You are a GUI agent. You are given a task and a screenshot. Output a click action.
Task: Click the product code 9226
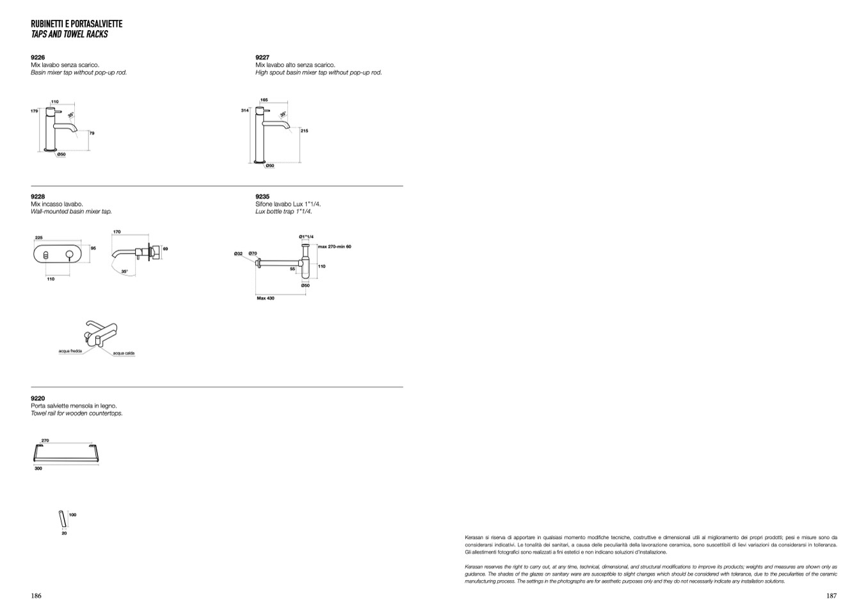[x=38, y=58]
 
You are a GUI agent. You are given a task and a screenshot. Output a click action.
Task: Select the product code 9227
[x=262, y=58]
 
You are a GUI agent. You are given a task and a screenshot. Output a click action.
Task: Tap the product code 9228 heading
[x=38, y=197]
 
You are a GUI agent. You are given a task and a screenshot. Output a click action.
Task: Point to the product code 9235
[x=262, y=197]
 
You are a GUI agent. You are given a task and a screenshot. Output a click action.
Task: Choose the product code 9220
[x=38, y=398]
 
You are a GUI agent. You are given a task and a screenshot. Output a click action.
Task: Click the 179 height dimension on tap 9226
[x=35, y=111]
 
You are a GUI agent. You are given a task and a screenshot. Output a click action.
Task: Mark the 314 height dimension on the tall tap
[x=245, y=111]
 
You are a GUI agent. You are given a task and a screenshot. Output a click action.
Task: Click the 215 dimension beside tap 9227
[x=304, y=131]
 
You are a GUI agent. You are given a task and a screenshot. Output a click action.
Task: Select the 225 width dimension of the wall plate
[x=38, y=238]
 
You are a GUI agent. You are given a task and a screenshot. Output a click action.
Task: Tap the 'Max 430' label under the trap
[x=266, y=298]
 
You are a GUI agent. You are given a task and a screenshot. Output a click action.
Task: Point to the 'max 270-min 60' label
[x=334, y=246]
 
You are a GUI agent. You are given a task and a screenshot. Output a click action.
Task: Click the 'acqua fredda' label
[x=68, y=351]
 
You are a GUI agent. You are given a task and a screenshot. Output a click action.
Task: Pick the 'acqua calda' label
[x=124, y=353]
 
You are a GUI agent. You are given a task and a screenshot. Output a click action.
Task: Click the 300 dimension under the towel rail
[x=38, y=469]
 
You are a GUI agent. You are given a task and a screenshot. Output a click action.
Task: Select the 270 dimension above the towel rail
[x=45, y=440]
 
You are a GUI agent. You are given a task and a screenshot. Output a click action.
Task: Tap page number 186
[x=36, y=596]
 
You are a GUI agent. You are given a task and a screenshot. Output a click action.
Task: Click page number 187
[x=832, y=596]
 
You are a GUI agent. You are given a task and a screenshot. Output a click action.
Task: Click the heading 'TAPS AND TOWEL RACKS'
[x=69, y=35]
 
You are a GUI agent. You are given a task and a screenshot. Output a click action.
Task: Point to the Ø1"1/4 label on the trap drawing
[x=306, y=237]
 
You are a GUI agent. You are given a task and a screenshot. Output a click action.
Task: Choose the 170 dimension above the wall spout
[x=117, y=232]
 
